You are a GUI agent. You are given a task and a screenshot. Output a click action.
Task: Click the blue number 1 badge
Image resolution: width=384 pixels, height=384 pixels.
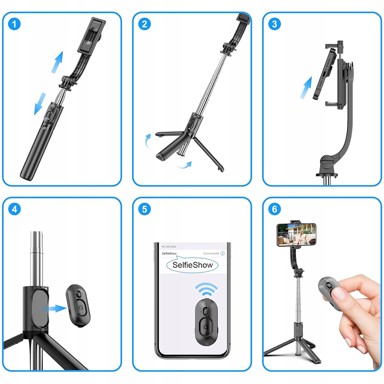coord(14,24)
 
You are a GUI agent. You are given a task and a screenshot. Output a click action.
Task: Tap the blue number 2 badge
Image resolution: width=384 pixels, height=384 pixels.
coord(144,24)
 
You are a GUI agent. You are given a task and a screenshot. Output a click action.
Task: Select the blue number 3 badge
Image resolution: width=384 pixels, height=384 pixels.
coord(275,24)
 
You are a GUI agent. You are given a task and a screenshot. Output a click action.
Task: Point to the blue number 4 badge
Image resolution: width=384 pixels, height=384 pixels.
coord(14,209)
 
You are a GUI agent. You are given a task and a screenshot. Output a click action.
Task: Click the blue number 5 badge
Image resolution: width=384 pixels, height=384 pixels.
coord(144,209)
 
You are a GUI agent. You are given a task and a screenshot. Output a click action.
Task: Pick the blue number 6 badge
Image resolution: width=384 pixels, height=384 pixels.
coord(275,209)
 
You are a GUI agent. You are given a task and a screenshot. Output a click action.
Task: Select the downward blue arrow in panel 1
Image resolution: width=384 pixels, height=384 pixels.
coord(40,104)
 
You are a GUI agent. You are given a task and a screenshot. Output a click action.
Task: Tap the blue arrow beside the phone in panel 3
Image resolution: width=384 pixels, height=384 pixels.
coord(306,88)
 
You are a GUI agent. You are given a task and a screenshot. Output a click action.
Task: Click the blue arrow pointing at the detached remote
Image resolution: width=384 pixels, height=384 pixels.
coord(55,308)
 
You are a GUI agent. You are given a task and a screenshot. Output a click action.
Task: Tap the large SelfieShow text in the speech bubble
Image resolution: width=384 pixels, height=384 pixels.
coord(192,265)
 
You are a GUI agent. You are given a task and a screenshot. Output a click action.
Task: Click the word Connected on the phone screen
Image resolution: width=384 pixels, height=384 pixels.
coord(211,253)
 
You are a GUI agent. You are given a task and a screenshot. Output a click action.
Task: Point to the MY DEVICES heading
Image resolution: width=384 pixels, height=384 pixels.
coord(169,247)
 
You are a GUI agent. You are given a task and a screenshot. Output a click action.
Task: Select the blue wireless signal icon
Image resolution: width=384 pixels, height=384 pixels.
coord(206,289)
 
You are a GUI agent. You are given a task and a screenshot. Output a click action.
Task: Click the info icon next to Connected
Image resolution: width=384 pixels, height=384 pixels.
coord(223,253)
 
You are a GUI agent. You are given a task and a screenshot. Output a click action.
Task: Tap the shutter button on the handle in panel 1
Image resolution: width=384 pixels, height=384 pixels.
coord(49,114)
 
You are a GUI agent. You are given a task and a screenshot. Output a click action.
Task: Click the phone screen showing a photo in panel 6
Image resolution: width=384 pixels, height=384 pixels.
coord(296,235)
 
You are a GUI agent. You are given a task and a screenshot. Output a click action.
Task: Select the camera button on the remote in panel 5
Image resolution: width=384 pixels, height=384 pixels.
coord(206,327)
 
